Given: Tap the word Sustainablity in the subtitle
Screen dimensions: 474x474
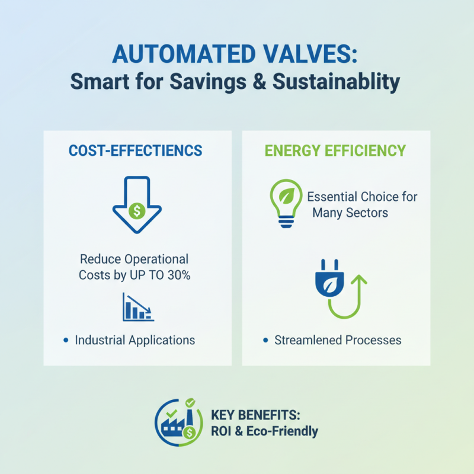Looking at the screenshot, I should (335, 82).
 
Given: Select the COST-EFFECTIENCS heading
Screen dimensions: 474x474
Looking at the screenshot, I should (136, 150).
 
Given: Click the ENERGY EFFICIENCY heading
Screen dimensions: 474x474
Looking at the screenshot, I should (335, 150).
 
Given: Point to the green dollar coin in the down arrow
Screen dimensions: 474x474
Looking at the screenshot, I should (137, 210).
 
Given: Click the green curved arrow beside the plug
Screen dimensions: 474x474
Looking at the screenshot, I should (350, 296).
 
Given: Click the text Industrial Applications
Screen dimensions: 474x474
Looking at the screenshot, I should (135, 340).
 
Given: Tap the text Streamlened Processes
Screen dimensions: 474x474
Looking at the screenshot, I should (338, 340).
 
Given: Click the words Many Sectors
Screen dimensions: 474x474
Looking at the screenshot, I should (350, 212).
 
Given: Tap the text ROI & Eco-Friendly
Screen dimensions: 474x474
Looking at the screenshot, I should (264, 431).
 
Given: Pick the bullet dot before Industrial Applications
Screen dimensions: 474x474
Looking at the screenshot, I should (65, 340).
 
